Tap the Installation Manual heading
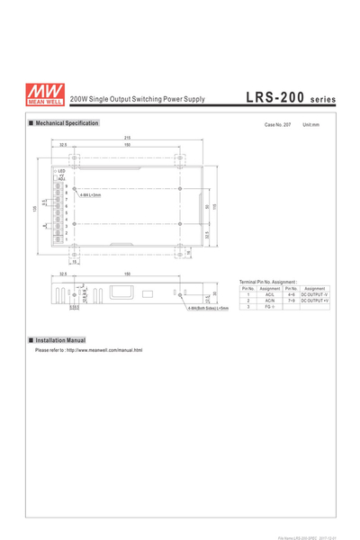click(60, 340)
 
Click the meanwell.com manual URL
click(89, 350)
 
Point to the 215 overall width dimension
click(128, 137)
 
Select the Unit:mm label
click(311, 124)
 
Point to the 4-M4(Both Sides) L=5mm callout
click(209, 309)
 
